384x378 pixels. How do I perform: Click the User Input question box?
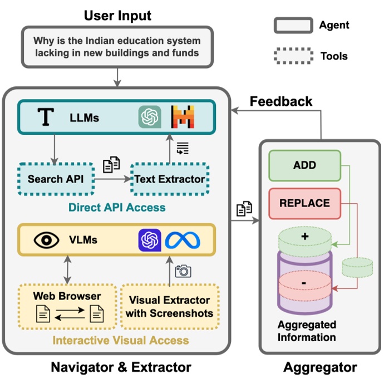tap(117, 47)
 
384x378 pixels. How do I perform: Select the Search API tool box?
tap(54, 179)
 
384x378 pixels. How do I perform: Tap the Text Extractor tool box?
tap(170, 179)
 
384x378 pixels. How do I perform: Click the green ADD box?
tap(304, 165)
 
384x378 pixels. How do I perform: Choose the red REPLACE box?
tap(304, 203)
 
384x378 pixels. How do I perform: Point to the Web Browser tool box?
tap(66, 306)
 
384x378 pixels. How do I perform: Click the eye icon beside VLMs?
tap(47, 240)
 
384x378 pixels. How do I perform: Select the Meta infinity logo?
tap(182, 240)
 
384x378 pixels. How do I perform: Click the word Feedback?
tap(280, 101)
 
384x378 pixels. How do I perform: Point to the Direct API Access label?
tap(117, 208)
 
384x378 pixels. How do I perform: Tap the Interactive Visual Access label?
tap(120, 340)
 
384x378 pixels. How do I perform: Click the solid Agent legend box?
tap(292, 25)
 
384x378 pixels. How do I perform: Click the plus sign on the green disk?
tap(304, 236)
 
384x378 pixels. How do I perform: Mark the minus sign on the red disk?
tap(304, 282)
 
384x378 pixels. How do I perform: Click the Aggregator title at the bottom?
tap(320, 367)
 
